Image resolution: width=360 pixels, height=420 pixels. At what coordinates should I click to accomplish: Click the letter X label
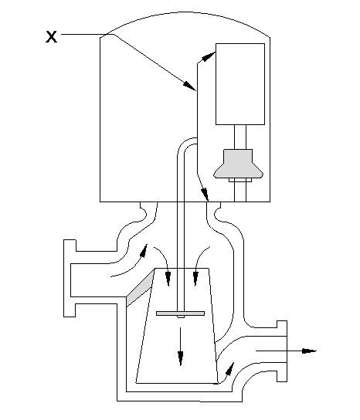(51, 37)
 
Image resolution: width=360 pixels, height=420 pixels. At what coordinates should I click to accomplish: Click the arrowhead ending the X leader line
(190, 86)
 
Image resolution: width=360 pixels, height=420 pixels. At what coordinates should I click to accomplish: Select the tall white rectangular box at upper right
(240, 84)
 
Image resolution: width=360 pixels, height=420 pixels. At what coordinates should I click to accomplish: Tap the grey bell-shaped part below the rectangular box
(238, 164)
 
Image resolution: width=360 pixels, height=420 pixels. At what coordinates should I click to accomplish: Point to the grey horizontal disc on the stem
(181, 313)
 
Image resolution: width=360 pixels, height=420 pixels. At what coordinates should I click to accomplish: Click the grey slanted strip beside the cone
(140, 288)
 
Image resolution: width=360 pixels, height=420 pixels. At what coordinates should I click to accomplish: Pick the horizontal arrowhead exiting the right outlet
(309, 351)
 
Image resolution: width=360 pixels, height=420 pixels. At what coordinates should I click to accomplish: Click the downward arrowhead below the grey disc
(181, 359)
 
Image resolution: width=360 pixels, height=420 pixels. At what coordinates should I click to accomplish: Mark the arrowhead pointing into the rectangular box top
(208, 57)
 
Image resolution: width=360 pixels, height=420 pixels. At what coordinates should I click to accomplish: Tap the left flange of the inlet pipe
(70, 278)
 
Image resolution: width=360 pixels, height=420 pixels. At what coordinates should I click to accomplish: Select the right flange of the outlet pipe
(282, 351)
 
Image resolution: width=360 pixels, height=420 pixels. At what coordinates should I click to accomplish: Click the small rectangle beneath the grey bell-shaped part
(240, 180)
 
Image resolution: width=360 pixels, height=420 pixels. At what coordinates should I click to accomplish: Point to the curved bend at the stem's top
(185, 144)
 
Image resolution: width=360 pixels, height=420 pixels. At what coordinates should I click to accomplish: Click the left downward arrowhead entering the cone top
(168, 279)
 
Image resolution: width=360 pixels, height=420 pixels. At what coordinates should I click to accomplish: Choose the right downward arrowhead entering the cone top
(195, 279)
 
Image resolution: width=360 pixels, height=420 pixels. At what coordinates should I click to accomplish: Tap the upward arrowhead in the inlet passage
(144, 250)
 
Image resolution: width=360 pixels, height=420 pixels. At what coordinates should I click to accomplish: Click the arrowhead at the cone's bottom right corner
(230, 369)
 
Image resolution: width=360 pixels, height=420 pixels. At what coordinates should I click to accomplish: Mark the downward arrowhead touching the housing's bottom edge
(205, 194)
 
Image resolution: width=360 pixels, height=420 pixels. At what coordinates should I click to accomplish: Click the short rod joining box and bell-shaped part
(240, 137)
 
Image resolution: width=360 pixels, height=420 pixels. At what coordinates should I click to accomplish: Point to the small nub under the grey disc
(181, 317)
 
